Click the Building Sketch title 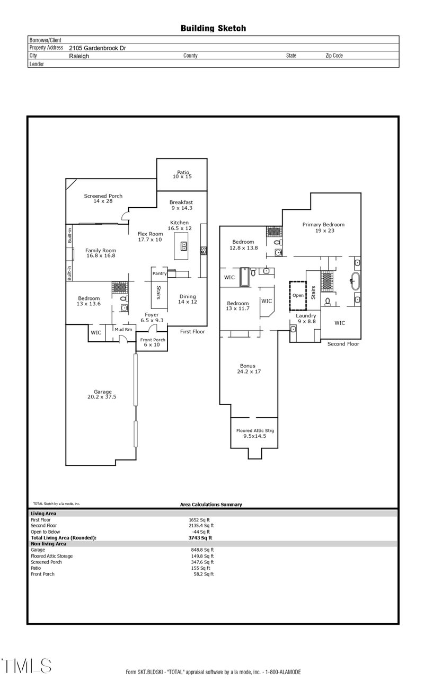point(213,29)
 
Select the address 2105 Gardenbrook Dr point(98,48)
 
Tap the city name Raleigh point(79,56)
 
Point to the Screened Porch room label point(103,199)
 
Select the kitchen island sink point(184,246)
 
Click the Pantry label point(160,273)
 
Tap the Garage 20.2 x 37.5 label point(100,394)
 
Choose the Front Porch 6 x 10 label point(153,342)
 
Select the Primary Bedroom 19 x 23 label point(323,227)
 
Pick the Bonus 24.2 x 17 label point(248,368)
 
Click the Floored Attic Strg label point(255,433)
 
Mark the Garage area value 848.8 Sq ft point(202,550)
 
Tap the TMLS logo point(26,666)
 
